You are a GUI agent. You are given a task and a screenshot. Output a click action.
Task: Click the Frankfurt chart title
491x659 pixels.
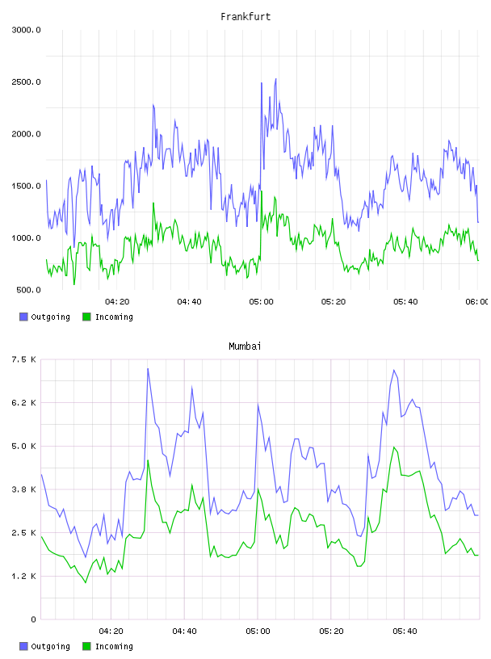click(245, 17)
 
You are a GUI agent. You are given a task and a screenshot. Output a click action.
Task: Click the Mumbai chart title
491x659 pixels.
click(245, 346)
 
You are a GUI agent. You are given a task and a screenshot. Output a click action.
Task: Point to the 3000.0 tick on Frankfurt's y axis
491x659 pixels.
click(26, 30)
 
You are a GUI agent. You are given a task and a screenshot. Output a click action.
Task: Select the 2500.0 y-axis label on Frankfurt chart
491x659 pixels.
click(26, 82)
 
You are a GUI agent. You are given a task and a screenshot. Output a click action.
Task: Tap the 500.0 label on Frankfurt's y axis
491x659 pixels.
click(28, 290)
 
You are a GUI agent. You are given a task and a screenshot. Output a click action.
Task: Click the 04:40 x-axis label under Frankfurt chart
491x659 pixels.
click(189, 302)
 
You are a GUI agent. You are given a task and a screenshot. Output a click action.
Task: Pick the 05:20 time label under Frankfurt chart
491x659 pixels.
click(334, 302)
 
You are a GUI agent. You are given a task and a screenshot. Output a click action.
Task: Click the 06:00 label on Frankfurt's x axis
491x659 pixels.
click(477, 302)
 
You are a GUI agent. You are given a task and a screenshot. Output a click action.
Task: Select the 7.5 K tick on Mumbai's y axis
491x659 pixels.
click(23, 359)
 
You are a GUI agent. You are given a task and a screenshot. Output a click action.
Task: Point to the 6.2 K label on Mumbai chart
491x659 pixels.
click(23, 403)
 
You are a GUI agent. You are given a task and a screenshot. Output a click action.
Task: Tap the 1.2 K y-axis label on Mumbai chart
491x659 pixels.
click(23, 576)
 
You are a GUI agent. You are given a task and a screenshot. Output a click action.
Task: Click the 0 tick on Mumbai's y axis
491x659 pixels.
click(33, 619)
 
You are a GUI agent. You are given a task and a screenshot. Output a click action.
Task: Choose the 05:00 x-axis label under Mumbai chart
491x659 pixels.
click(258, 632)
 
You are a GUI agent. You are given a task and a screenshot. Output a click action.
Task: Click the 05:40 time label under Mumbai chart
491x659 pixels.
click(405, 632)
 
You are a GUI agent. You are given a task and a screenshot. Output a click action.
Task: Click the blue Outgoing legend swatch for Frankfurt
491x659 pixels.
click(23, 317)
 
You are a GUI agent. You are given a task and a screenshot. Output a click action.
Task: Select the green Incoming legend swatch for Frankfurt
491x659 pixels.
click(86, 317)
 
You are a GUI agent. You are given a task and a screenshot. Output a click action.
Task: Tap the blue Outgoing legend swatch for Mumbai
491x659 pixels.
click(23, 646)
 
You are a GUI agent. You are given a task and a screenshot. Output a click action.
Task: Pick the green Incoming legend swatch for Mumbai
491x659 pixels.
click(86, 646)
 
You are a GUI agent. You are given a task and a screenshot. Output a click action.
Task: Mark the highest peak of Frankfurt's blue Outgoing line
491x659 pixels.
click(275, 78)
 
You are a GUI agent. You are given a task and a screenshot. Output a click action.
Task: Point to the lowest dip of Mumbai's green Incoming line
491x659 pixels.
click(86, 582)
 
